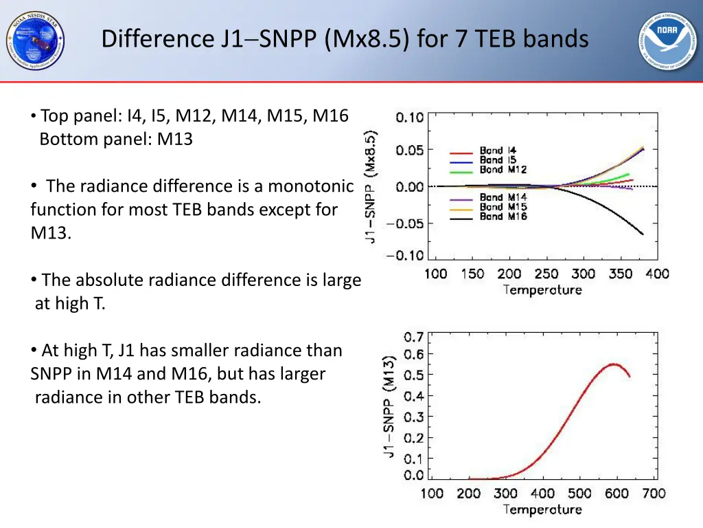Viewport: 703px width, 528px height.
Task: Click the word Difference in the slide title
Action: pyautogui.click(x=158, y=38)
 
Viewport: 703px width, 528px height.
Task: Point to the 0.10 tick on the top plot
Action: pyautogui.click(x=410, y=117)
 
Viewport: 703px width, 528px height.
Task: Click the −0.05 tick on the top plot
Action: pyautogui.click(x=405, y=223)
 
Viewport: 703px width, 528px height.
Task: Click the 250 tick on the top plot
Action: pyautogui.click(x=546, y=274)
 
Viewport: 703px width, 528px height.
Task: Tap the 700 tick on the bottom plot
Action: pyautogui.click(x=654, y=493)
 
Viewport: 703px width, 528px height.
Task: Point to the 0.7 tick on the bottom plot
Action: pyautogui.click(x=413, y=337)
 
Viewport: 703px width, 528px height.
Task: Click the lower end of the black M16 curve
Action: pyautogui.click(x=643, y=234)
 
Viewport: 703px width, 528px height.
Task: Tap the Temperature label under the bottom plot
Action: pyautogui.click(x=542, y=509)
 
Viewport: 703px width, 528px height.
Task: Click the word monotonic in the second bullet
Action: pyautogui.click(x=310, y=186)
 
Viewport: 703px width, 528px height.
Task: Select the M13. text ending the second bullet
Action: pyautogui.click(x=50, y=233)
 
